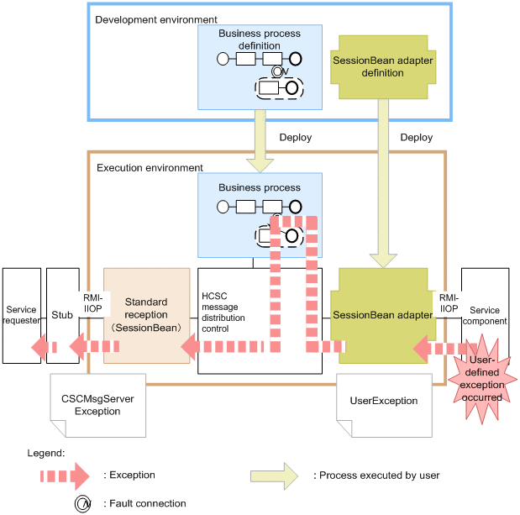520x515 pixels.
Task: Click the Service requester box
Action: [21, 315]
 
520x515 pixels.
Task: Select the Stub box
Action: [62, 315]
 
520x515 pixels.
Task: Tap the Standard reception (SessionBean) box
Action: [146, 315]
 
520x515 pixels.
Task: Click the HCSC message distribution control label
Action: [223, 313]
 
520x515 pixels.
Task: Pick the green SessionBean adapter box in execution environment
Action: [383, 315]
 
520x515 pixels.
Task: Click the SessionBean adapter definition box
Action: [381, 66]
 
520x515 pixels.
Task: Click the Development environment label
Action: [156, 19]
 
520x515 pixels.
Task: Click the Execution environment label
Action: [150, 168]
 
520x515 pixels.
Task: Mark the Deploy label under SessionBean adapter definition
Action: [417, 137]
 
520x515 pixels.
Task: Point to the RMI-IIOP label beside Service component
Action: [449, 302]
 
